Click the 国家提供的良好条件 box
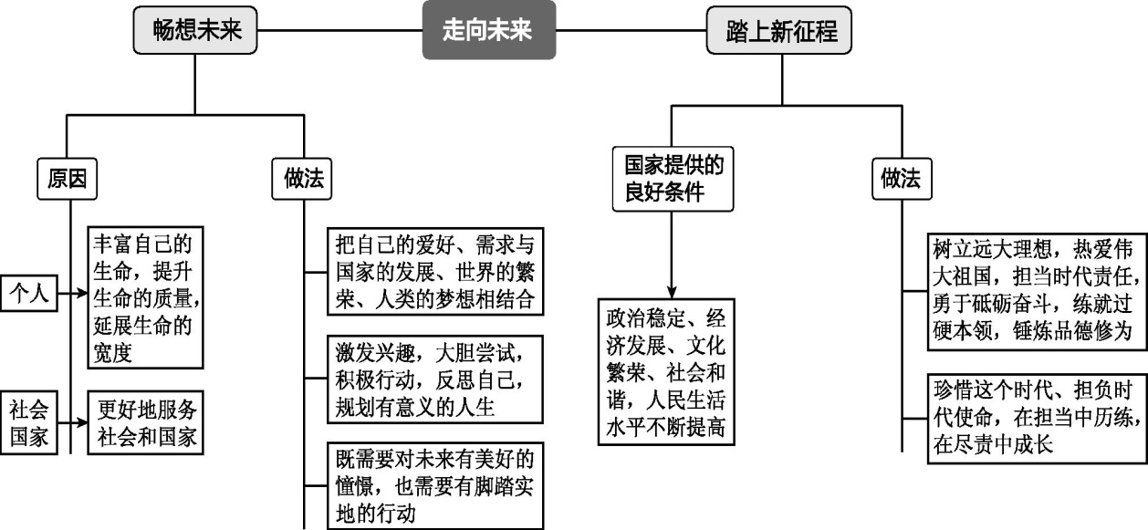click(x=672, y=178)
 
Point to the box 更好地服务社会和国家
click(x=147, y=422)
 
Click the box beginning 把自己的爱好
click(x=435, y=271)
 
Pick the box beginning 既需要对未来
click(x=435, y=484)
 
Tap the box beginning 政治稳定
click(x=666, y=371)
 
